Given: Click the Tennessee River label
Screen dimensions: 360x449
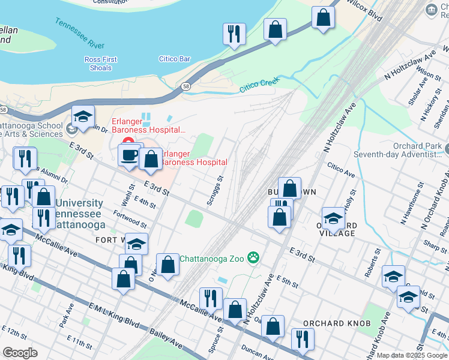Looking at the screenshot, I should coord(80,33).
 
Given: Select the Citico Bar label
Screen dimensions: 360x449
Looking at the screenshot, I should coord(175,59).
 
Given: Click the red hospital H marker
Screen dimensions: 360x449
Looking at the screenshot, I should coord(127,142).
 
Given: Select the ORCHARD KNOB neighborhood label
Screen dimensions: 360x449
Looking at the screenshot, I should coord(331,323).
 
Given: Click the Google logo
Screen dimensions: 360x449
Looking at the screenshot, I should coord(20,353).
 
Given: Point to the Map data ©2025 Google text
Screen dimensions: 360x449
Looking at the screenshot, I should coord(412,355).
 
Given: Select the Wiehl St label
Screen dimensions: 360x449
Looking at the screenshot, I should coord(127,196).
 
